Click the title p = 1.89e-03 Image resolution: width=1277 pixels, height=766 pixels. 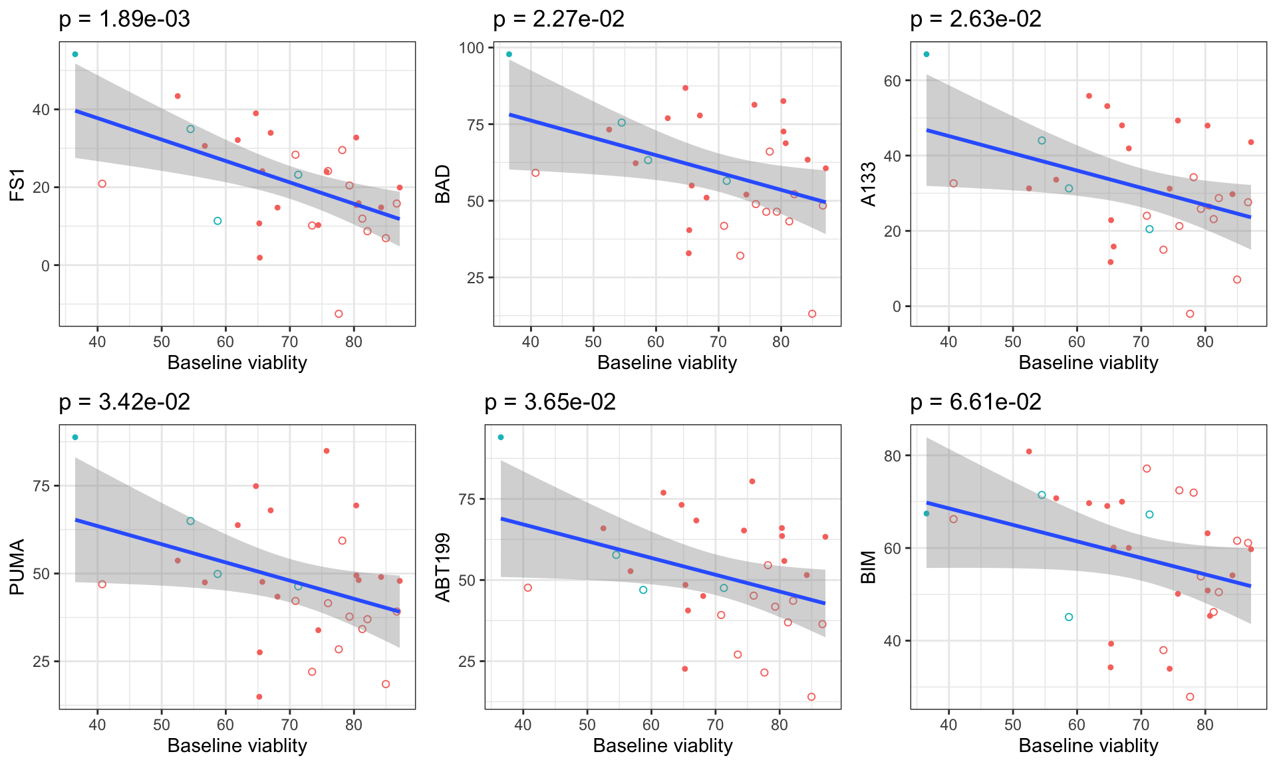[124, 19]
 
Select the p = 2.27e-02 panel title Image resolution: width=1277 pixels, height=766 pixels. [559, 19]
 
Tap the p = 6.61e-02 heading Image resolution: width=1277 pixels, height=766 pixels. [976, 402]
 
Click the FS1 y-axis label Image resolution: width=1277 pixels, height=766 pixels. [18, 185]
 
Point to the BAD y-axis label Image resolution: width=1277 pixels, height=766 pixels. [443, 185]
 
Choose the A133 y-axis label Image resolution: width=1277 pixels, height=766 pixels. [869, 185]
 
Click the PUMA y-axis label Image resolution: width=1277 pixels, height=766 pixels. [18, 567]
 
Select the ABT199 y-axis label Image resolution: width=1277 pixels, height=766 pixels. [443, 567]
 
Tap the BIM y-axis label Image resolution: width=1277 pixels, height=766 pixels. [869, 567]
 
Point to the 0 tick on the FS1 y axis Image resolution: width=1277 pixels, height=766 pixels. [45, 266]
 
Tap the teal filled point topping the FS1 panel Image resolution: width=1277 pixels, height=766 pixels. [75, 55]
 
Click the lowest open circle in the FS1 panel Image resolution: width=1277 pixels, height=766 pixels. [339, 314]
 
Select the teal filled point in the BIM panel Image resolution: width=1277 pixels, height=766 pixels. [926, 513]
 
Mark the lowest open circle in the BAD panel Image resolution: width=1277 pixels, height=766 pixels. [812, 314]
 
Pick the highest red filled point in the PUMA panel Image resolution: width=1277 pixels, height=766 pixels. [327, 451]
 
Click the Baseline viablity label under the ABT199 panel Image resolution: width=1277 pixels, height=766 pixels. [662, 746]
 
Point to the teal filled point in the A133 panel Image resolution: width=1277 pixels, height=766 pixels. [926, 55]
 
